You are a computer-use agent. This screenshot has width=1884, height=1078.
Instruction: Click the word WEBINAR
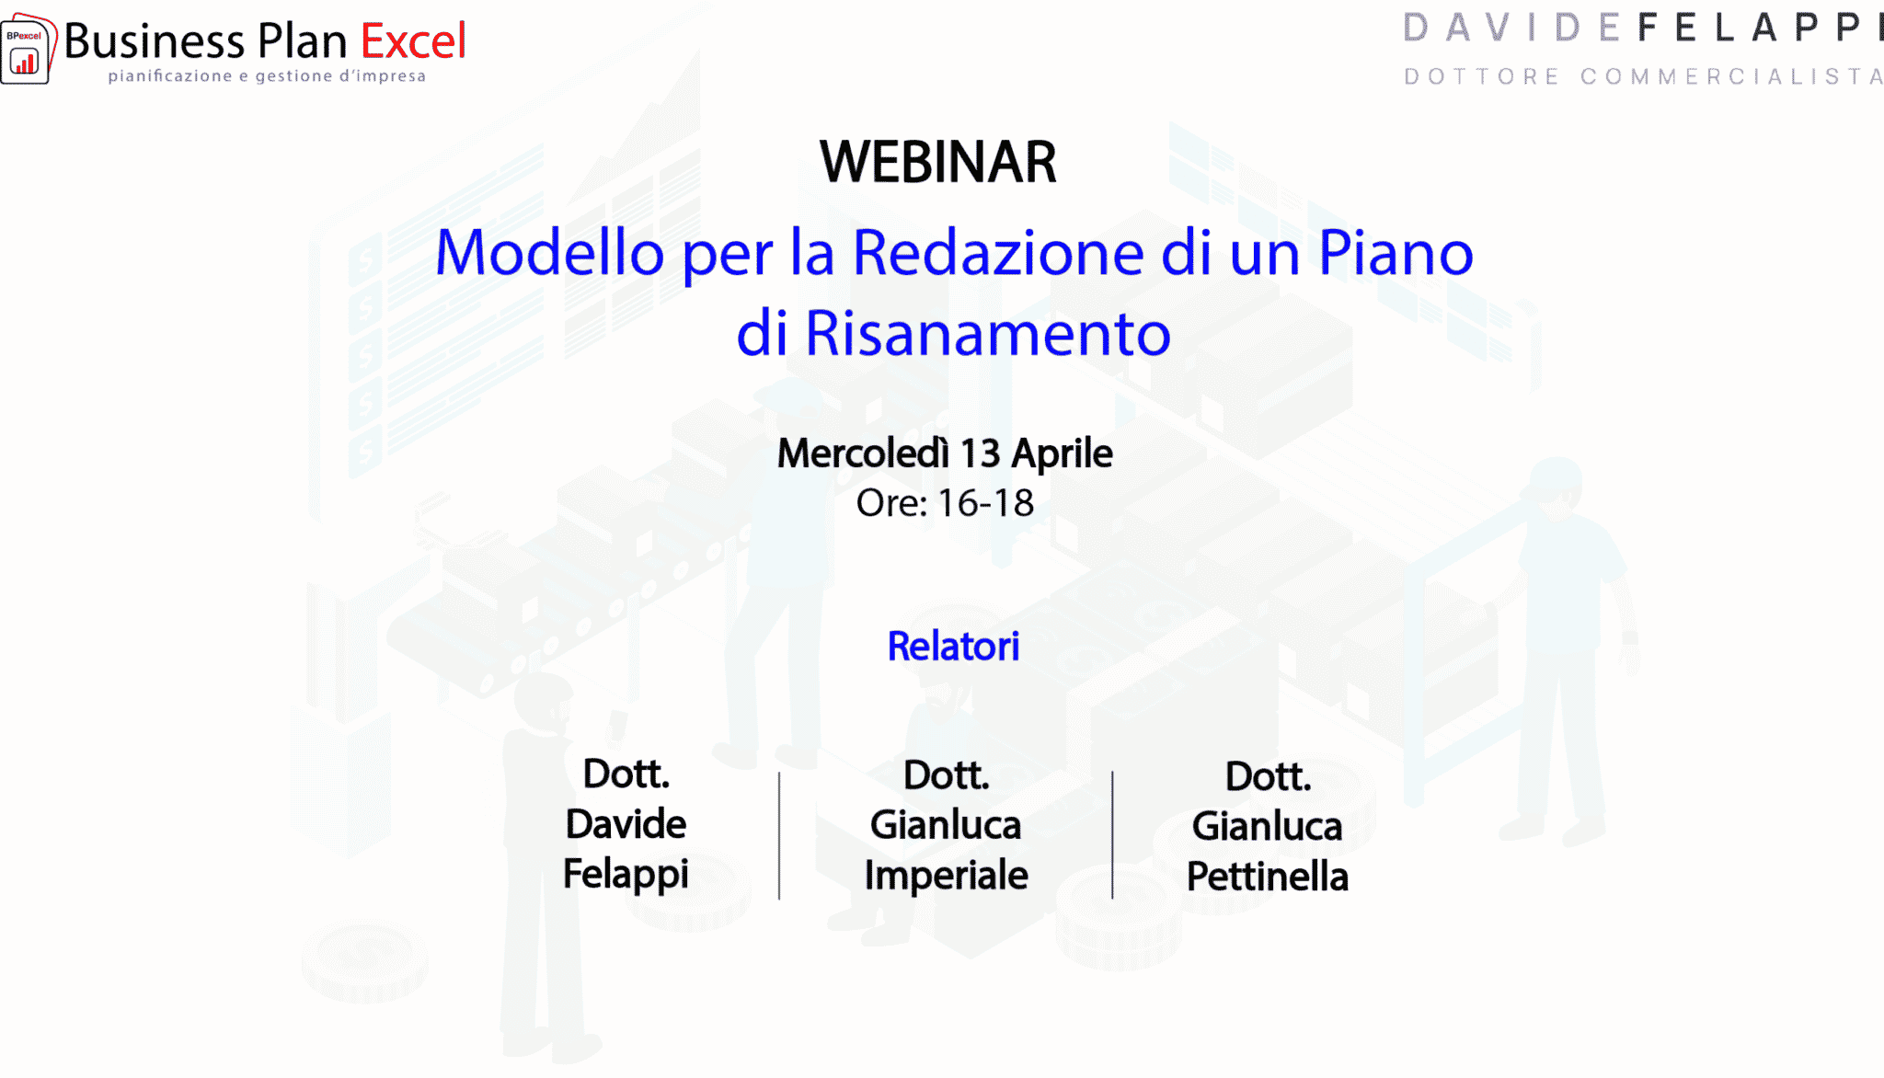coord(938,163)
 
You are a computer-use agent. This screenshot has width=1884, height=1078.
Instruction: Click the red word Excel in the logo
coord(413,41)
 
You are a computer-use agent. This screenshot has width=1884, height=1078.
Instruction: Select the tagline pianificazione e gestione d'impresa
coord(267,76)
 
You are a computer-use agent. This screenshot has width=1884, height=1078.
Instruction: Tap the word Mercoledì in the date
coord(863,453)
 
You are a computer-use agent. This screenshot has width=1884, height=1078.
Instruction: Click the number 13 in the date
coord(980,454)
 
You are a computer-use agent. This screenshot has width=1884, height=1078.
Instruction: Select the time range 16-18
coord(985,504)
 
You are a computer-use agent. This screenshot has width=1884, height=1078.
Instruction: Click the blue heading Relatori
coord(953,647)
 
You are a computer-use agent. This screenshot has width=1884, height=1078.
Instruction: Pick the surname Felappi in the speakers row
coord(626,875)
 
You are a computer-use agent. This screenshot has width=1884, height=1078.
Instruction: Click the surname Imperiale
coord(946,876)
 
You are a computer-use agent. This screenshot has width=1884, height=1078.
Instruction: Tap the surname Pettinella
coord(1268,877)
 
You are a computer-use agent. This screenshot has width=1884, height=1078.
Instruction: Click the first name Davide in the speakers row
coord(626,824)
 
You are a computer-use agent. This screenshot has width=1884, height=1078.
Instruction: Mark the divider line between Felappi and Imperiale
coord(779,835)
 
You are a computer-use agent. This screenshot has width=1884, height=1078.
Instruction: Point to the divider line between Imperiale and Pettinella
coord(1112,834)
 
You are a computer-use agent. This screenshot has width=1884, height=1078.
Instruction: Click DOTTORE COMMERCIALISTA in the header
coord(1643,76)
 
